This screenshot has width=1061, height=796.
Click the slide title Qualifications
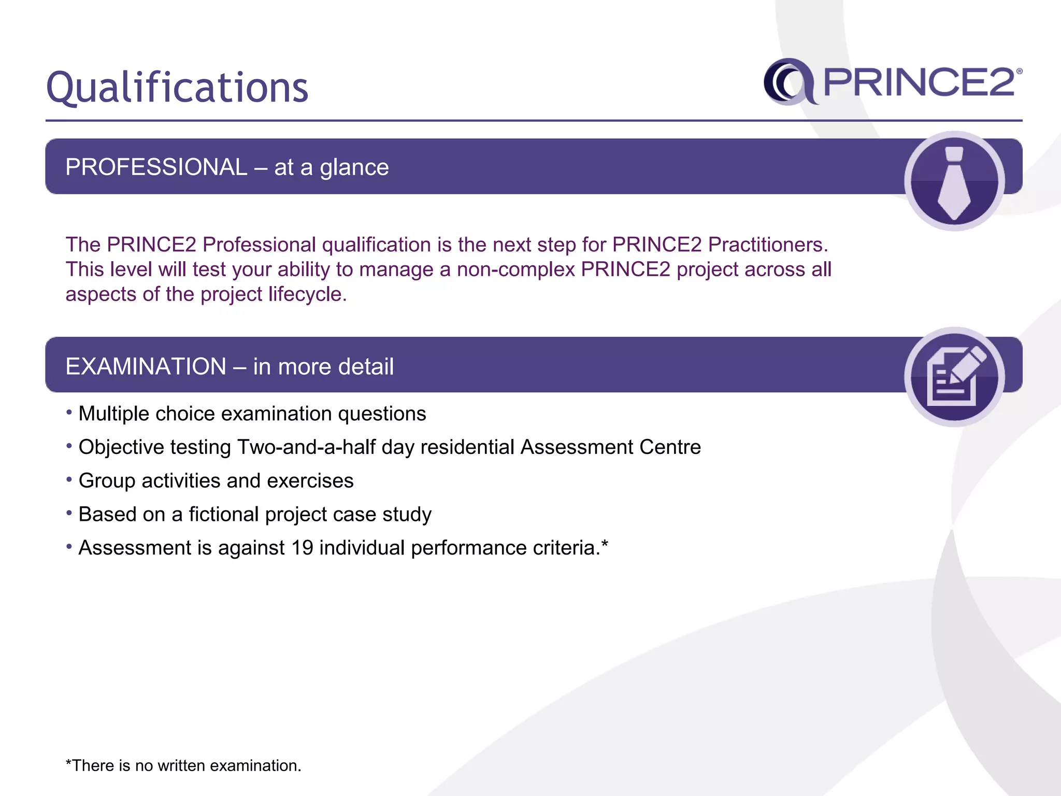pyautogui.click(x=177, y=87)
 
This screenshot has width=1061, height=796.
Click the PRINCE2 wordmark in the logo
pyautogui.click(x=919, y=83)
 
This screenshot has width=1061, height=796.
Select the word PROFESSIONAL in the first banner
pyautogui.click(x=156, y=167)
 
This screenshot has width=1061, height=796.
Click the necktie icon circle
pyautogui.click(x=954, y=181)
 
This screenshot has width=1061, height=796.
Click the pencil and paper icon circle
pyautogui.click(x=954, y=377)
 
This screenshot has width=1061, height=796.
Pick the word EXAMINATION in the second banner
pyautogui.click(x=146, y=366)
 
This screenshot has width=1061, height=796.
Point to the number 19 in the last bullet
pyautogui.click(x=302, y=548)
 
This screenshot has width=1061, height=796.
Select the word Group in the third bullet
pyautogui.click(x=107, y=481)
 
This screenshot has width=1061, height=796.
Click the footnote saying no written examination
pyautogui.click(x=183, y=765)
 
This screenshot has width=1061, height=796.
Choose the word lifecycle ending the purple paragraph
pyautogui.click(x=306, y=294)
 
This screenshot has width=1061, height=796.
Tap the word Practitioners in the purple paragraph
pyautogui.click(x=767, y=245)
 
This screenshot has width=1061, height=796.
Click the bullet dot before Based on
pyautogui.click(x=69, y=513)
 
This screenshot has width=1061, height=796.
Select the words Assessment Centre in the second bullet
pyautogui.click(x=610, y=447)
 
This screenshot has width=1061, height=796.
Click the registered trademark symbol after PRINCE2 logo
pyautogui.click(x=1019, y=72)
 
